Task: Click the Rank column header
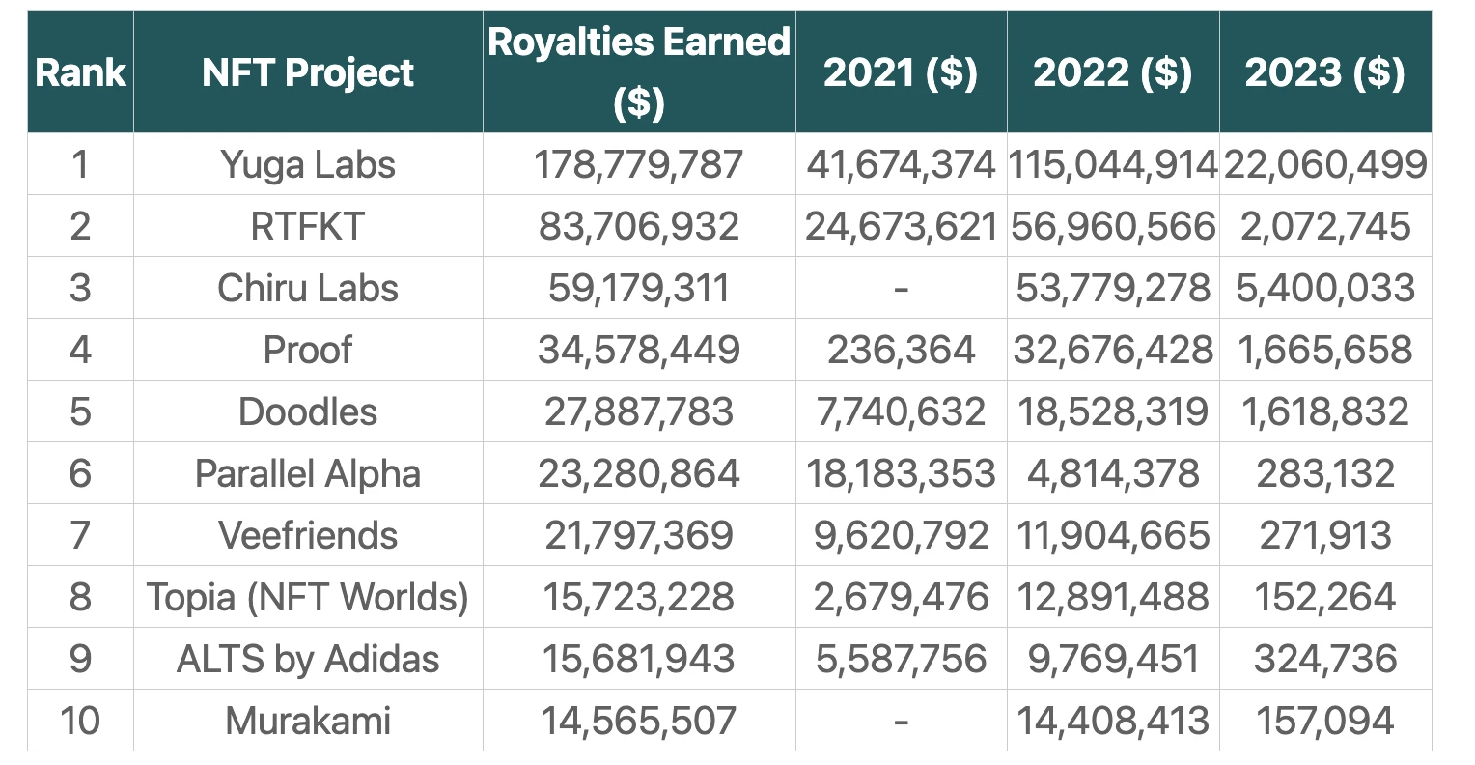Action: tap(80, 72)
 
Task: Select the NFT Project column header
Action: tap(308, 72)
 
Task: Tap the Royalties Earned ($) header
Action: tap(638, 71)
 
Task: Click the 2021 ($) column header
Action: tap(900, 72)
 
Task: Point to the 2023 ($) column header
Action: tap(1324, 72)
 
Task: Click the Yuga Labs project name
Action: tap(308, 164)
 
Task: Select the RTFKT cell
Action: tap(308, 226)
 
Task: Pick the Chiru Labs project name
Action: tap(308, 288)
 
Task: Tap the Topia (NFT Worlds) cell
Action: tap(308, 597)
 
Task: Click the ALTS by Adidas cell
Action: tap(308, 659)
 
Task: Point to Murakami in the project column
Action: tap(308, 721)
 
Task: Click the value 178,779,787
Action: tap(638, 164)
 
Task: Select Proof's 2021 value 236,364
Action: tap(900, 350)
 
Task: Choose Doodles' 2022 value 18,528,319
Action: tap(1112, 411)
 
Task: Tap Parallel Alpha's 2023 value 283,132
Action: tap(1324, 473)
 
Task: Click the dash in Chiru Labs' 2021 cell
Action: tap(900, 288)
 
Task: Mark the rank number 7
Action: tap(80, 535)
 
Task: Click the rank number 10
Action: tap(80, 721)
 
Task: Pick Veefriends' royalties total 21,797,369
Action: tap(638, 535)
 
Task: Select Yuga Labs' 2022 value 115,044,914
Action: tap(1112, 164)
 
